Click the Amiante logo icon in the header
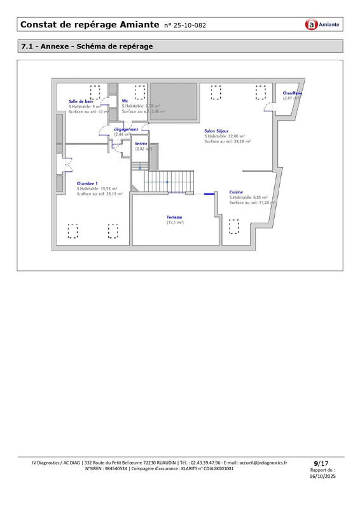tap(311, 25)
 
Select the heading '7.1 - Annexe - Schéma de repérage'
tap(87, 46)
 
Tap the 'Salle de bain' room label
tap(81, 101)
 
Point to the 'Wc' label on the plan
tap(125, 101)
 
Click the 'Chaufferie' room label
tap(293, 93)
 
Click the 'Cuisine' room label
tap(237, 192)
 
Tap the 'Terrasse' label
tap(175, 217)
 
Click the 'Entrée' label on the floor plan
tap(141, 144)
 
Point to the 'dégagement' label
tap(125, 129)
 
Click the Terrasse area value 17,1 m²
tap(175, 223)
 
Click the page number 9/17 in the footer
tap(321, 463)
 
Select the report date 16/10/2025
tap(321, 476)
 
